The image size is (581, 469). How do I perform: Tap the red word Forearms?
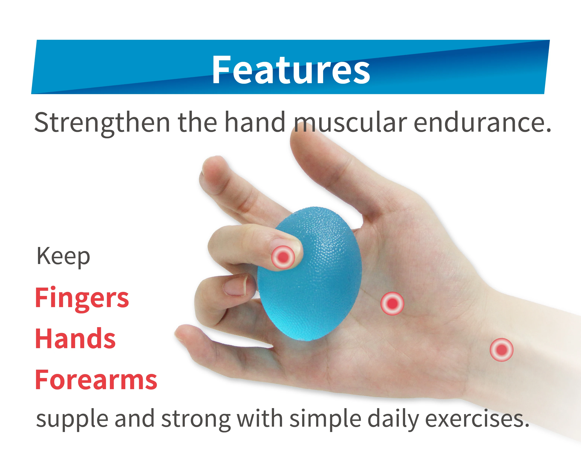pyautogui.click(x=96, y=380)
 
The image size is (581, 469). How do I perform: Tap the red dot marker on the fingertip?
pyautogui.click(x=283, y=257)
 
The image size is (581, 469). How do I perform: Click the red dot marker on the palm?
pyautogui.click(x=392, y=303)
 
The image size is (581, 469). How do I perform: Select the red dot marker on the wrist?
pyautogui.click(x=501, y=350)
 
